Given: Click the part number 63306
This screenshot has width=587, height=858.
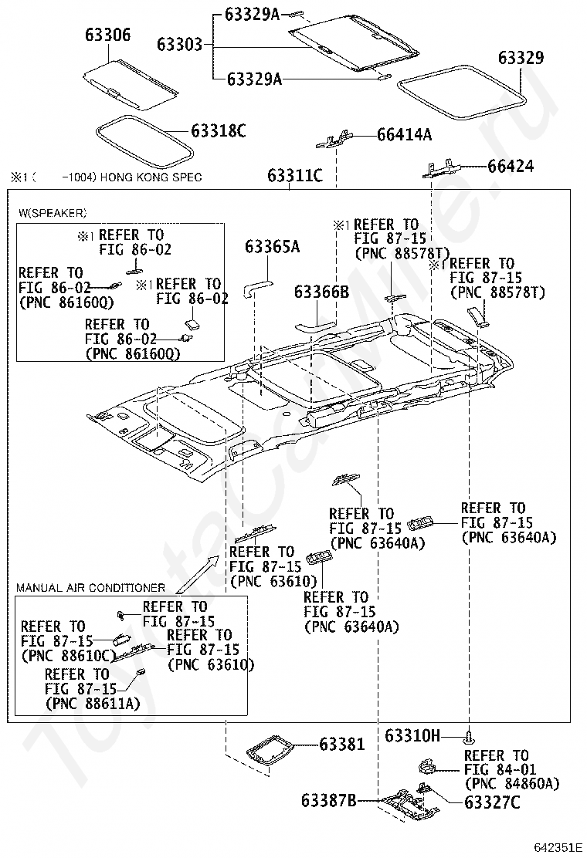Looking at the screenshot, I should pos(107,35).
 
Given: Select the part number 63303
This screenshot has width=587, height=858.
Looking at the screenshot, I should pos(181,45).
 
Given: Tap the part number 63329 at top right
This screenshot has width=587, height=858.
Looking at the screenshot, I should pos(521,58).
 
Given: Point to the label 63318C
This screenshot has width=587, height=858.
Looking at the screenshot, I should pos(219,131).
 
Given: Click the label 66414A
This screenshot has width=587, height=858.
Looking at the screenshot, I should pos(404,135).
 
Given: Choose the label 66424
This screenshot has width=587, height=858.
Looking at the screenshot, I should pos(510,167).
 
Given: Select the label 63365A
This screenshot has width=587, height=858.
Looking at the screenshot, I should pos(272,247).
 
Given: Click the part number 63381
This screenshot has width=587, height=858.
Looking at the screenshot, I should pos(341,744).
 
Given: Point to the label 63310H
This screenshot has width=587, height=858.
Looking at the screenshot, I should pos(412,736).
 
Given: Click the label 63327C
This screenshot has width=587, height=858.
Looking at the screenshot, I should pos(493,802).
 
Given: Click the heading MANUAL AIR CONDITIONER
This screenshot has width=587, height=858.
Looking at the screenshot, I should pos(90,588).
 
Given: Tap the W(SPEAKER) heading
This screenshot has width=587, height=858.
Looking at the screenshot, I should pos(53,212).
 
